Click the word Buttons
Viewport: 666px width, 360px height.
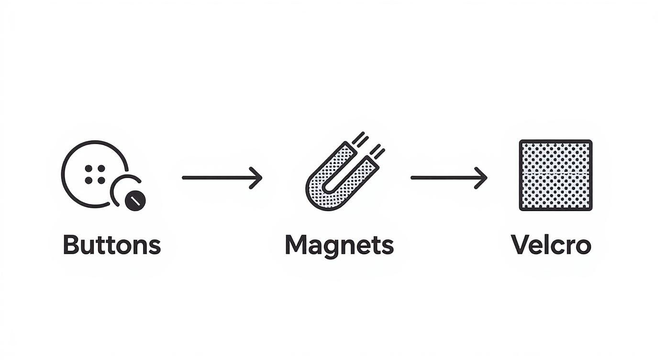[x=112, y=245]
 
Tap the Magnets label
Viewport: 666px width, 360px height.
[x=339, y=246]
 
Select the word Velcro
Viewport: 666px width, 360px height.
[x=551, y=245]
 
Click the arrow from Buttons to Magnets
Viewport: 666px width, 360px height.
[x=222, y=178]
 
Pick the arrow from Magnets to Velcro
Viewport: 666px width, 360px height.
[x=449, y=178]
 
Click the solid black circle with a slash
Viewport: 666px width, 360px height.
[x=135, y=201]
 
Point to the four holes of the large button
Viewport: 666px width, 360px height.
[x=95, y=174]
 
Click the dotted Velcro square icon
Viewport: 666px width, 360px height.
[x=555, y=175]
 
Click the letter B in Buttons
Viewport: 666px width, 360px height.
[x=71, y=245]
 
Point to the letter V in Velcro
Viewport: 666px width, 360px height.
[x=521, y=245]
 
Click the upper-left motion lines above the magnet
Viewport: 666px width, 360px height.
[x=360, y=139]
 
